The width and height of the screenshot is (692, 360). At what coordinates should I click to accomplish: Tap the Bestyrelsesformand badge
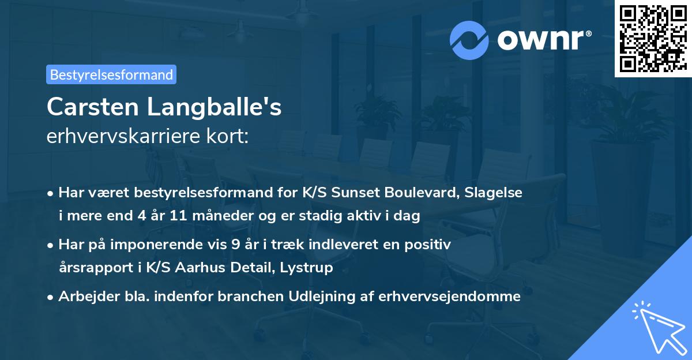click(x=111, y=74)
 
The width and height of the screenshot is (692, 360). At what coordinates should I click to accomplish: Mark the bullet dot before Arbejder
click(x=51, y=297)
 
